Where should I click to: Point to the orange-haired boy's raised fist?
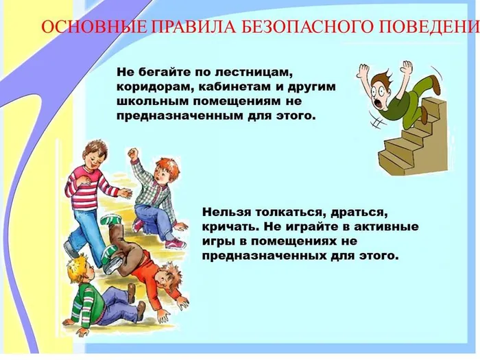[133, 153]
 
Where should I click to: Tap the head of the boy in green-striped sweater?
[80, 267]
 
